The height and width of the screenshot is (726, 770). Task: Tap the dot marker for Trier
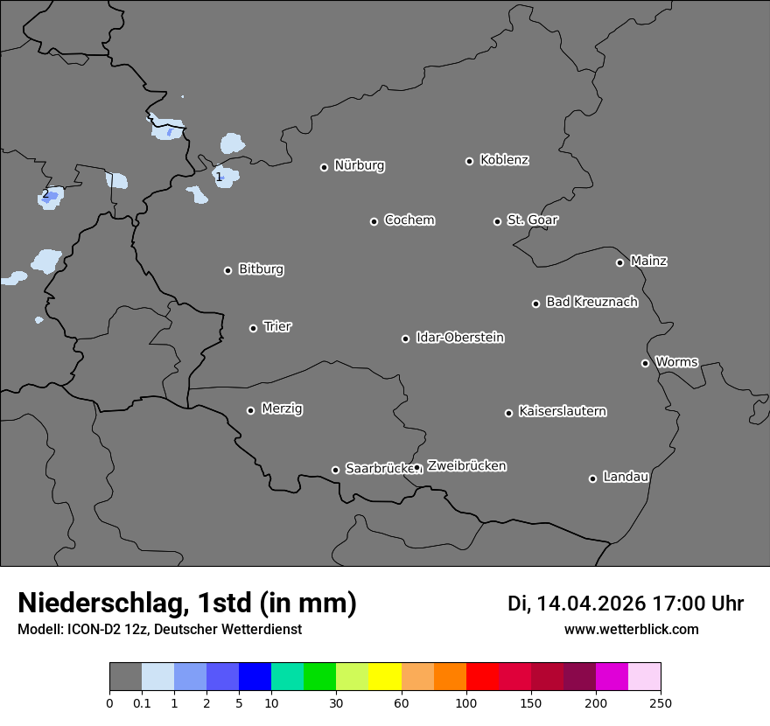click(x=254, y=328)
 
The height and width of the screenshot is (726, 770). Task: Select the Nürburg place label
click(x=359, y=165)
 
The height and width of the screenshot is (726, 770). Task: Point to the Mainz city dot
click(x=619, y=262)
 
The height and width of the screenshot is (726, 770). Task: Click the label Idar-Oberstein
click(x=459, y=338)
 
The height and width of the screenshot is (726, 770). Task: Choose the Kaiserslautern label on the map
click(x=562, y=411)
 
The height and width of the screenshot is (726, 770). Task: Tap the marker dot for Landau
click(x=592, y=478)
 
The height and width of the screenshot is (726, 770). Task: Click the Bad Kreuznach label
click(x=591, y=302)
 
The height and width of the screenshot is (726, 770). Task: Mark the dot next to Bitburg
click(x=227, y=270)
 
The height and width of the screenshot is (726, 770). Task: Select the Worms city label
click(x=676, y=361)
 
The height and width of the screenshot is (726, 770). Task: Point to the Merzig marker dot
click(x=250, y=410)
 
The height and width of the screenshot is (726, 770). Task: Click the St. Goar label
click(x=532, y=220)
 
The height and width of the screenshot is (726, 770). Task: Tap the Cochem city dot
click(x=374, y=221)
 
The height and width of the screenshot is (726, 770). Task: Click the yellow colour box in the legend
click(x=385, y=677)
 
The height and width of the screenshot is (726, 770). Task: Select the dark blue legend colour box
click(x=255, y=677)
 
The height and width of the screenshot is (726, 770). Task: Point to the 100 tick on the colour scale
click(x=466, y=702)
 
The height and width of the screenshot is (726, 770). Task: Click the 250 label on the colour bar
click(x=660, y=702)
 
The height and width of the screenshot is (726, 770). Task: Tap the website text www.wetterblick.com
click(x=631, y=629)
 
